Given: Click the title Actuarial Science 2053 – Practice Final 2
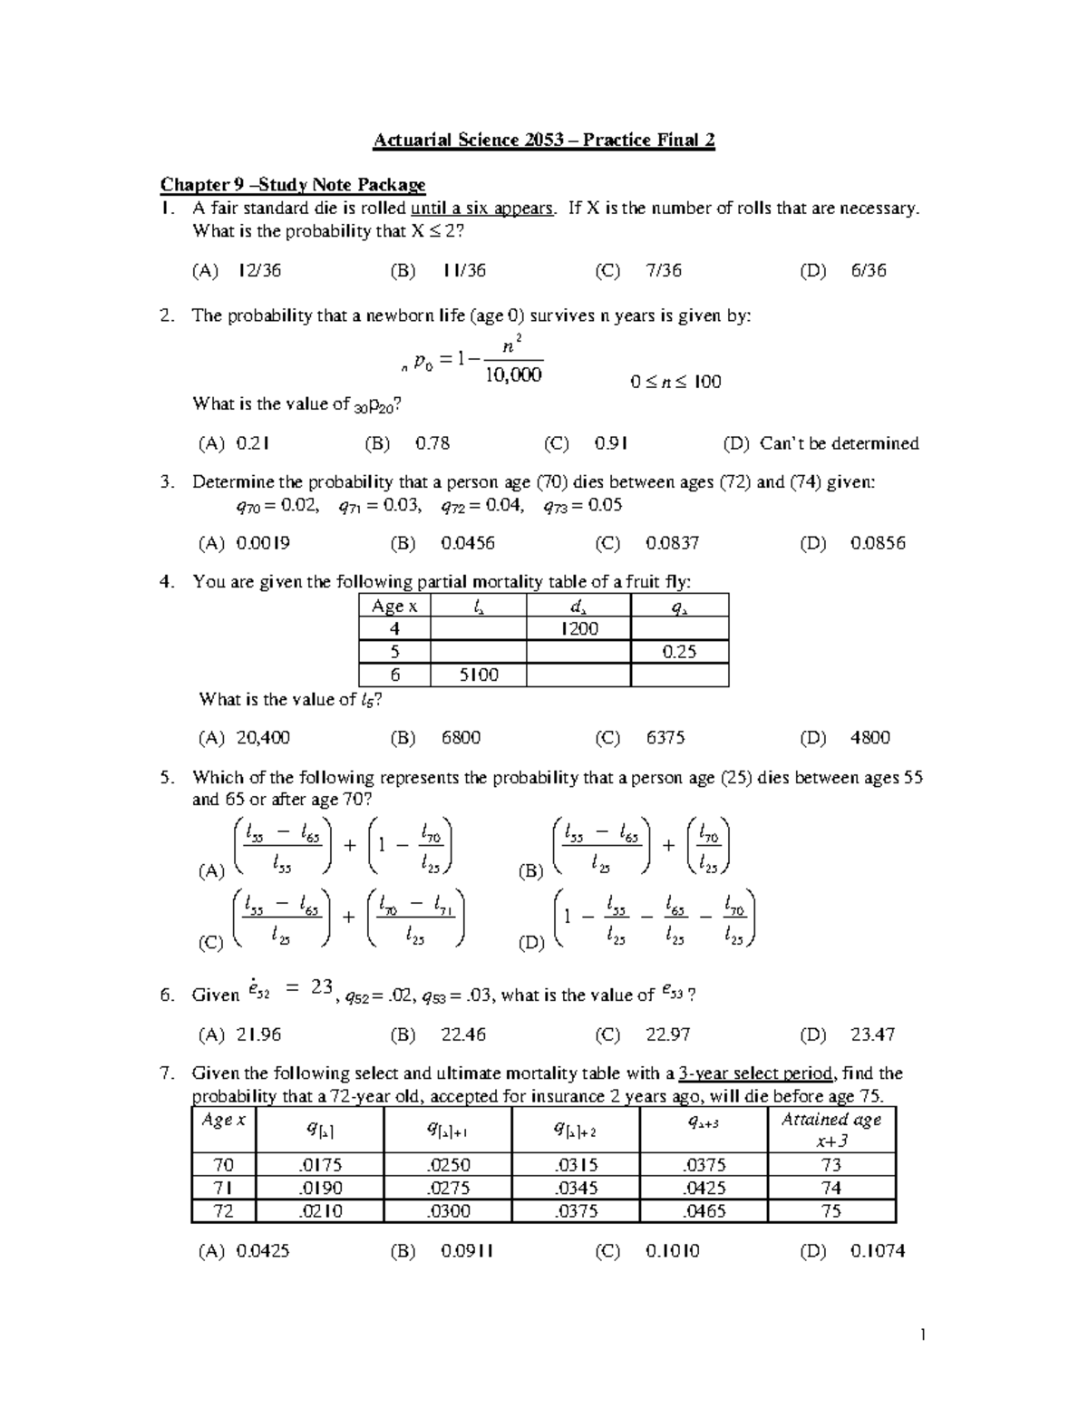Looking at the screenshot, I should click(x=544, y=141).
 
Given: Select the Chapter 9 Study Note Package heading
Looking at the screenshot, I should click(x=293, y=185).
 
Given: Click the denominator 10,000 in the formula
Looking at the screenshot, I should click(x=511, y=374).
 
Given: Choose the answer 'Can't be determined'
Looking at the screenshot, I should click(x=839, y=443).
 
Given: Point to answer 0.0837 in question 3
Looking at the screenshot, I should click(x=673, y=543).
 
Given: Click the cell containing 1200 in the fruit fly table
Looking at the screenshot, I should click(x=578, y=629).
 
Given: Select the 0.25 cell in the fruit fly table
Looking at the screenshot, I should click(x=679, y=652).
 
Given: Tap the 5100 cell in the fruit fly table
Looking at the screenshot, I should click(x=479, y=675).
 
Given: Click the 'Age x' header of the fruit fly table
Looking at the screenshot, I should click(x=394, y=607).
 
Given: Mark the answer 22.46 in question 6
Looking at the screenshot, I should click(x=463, y=1034).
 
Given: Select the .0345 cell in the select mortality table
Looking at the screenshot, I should click(x=576, y=1188).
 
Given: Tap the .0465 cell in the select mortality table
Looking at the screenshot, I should click(x=704, y=1210).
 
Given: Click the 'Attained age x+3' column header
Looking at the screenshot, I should click(x=831, y=1130).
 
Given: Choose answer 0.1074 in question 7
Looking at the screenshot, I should click(x=878, y=1251).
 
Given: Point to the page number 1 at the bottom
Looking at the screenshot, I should click(x=922, y=1335).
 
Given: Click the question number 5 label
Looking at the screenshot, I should click(x=166, y=778).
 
